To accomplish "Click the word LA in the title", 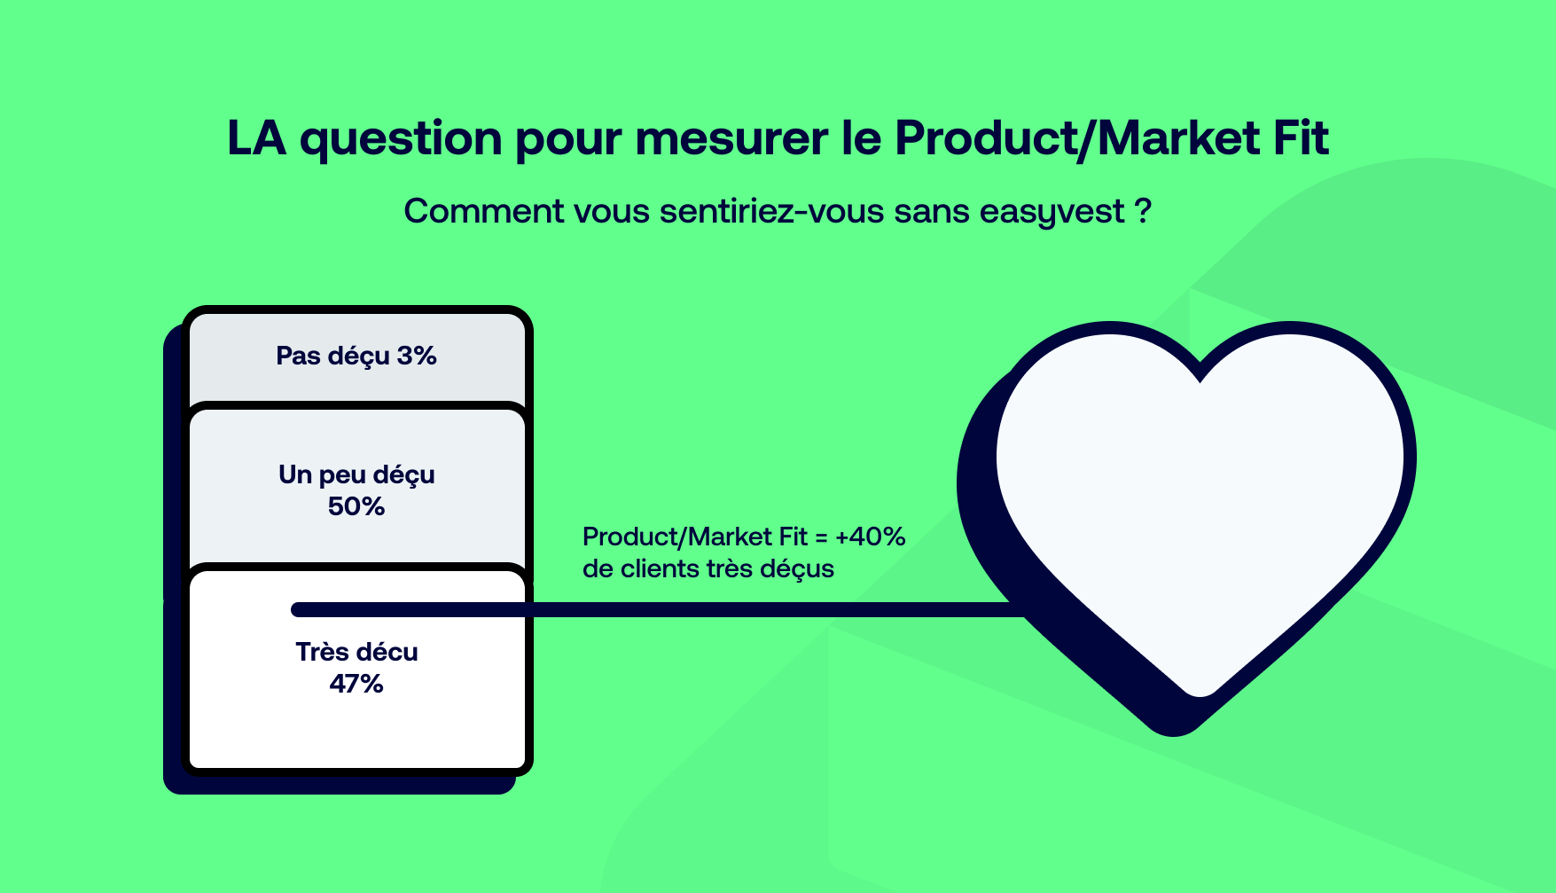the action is click(257, 138).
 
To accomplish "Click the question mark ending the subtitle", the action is click(1143, 211).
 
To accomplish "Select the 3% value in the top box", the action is click(417, 356).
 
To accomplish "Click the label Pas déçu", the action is click(332, 356).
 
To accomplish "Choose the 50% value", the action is click(356, 506).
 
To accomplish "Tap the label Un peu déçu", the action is click(356, 475).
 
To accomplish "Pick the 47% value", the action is click(356, 684).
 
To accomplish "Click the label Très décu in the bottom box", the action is click(356, 652).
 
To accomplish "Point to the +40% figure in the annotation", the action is click(870, 537).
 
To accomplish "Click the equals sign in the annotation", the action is click(821, 537).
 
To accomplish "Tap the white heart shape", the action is click(1200, 497).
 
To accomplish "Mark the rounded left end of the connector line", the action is click(296, 609).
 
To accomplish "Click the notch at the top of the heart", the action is click(1200, 376).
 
